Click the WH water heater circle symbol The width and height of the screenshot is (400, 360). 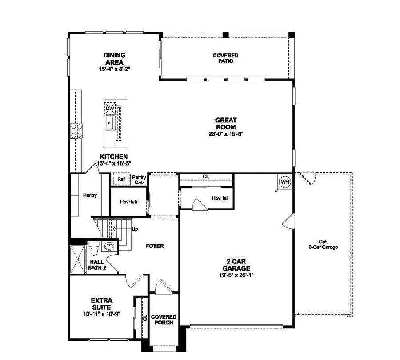click(x=284, y=182)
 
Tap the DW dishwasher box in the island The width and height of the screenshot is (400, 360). click(x=109, y=109)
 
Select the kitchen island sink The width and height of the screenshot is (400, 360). click(x=109, y=122)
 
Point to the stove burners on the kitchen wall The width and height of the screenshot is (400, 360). click(x=76, y=130)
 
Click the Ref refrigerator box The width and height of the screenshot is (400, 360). click(x=121, y=179)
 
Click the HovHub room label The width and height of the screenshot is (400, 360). click(x=128, y=202)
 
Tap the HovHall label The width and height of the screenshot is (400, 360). click(x=220, y=198)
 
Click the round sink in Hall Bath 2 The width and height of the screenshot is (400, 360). click(x=109, y=247)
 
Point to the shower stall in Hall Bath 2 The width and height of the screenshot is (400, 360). click(x=76, y=259)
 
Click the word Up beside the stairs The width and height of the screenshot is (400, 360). click(x=135, y=229)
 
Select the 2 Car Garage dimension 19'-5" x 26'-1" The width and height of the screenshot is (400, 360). click(x=237, y=275)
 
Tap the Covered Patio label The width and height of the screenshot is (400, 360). click(x=226, y=58)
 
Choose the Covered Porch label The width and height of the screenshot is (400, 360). click(x=164, y=320)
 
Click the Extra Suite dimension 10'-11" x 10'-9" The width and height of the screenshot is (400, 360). click(x=102, y=314)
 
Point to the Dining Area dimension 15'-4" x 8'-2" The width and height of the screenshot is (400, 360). click(x=114, y=69)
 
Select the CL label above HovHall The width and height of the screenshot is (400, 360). click(x=206, y=177)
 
